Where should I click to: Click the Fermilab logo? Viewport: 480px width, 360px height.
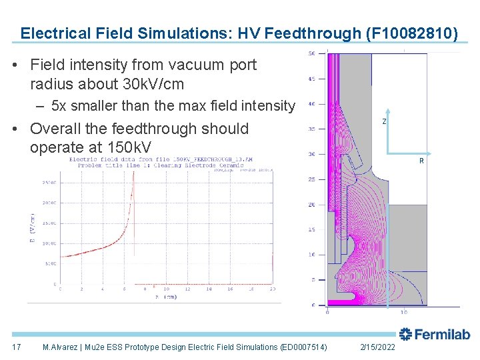pyautogui.click(x=435, y=334)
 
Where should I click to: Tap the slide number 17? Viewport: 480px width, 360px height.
pyautogui.click(x=17, y=347)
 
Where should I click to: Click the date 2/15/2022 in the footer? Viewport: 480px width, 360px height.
pyautogui.click(x=377, y=347)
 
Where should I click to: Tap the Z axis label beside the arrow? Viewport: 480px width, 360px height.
pyautogui.click(x=384, y=122)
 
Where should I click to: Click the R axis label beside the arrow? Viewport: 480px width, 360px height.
pyautogui.click(x=421, y=161)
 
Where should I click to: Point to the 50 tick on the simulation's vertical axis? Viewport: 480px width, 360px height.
pyautogui.click(x=311, y=53)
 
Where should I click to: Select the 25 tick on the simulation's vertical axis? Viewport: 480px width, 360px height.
pyautogui.click(x=311, y=179)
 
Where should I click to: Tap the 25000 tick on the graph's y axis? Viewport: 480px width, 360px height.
pyautogui.click(x=49, y=182)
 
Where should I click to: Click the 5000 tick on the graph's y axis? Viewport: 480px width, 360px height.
pyautogui.click(x=51, y=264)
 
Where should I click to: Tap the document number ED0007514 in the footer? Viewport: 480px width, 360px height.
pyautogui.click(x=303, y=347)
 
